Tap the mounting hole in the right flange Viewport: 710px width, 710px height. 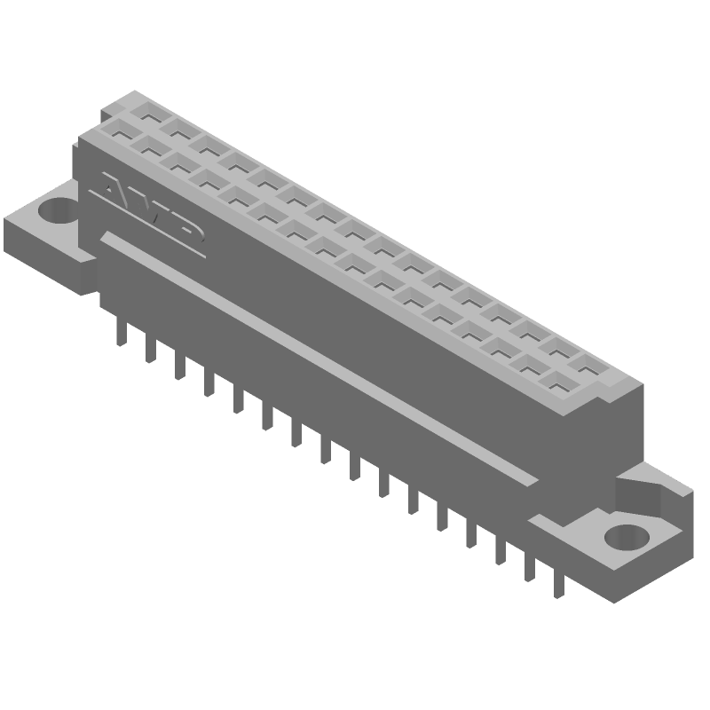point(627,537)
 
